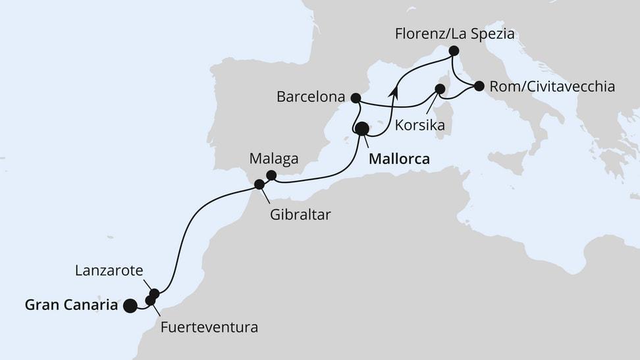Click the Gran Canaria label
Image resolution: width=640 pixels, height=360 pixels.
[x=71, y=305]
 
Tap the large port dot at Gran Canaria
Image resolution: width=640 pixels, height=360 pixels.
[x=130, y=305]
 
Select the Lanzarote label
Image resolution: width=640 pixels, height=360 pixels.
[x=107, y=270]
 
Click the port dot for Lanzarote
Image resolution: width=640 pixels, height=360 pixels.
[x=154, y=294]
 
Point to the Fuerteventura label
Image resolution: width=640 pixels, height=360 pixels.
[x=209, y=326]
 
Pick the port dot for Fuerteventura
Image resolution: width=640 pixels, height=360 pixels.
[x=150, y=301]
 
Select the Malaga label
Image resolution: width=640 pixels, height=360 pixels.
[x=274, y=159]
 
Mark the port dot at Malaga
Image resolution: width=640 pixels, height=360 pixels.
[x=271, y=175]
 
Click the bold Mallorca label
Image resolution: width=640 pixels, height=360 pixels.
[x=400, y=159]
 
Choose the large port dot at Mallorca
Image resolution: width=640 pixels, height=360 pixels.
[x=361, y=129]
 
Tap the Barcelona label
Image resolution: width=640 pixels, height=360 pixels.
[x=311, y=97]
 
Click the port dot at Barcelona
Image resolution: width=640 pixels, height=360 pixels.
[x=356, y=98]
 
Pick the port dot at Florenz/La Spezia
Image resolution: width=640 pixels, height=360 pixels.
[x=454, y=51]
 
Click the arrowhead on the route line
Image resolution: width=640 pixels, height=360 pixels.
[x=394, y=92]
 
